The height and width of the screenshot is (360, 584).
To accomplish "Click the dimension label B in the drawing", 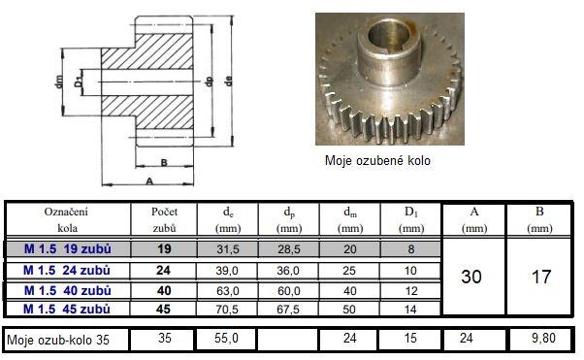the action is point(164,162).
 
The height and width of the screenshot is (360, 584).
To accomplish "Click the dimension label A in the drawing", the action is point(149,181).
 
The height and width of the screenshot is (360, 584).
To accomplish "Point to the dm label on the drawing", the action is point(59,82).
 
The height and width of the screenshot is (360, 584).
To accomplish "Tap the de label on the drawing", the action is point(228,82).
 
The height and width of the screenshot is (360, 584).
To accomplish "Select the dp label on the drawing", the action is point(209,82).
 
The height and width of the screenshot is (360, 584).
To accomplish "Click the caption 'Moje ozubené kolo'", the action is point(377,161).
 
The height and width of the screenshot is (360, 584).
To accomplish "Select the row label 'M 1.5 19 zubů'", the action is point(67,248).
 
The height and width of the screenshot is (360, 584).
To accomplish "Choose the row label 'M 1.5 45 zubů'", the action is point(67,309).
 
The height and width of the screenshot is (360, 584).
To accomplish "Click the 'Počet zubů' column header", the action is point(164,219).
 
